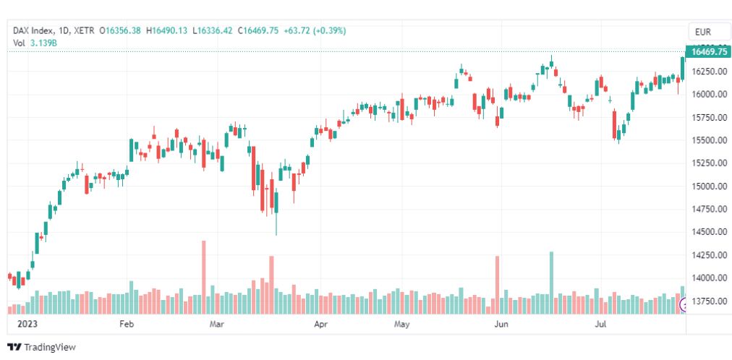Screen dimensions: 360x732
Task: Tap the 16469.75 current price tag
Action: [708, 51]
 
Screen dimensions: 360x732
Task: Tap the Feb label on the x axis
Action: [127, 325]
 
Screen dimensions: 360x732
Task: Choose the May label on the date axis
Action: [402, 325]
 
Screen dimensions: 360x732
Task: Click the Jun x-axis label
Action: [501, 325]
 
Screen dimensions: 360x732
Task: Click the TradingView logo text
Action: [49, 347]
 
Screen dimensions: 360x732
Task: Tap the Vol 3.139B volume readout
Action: [35, 43]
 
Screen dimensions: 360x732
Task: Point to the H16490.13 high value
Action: [168, 30]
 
